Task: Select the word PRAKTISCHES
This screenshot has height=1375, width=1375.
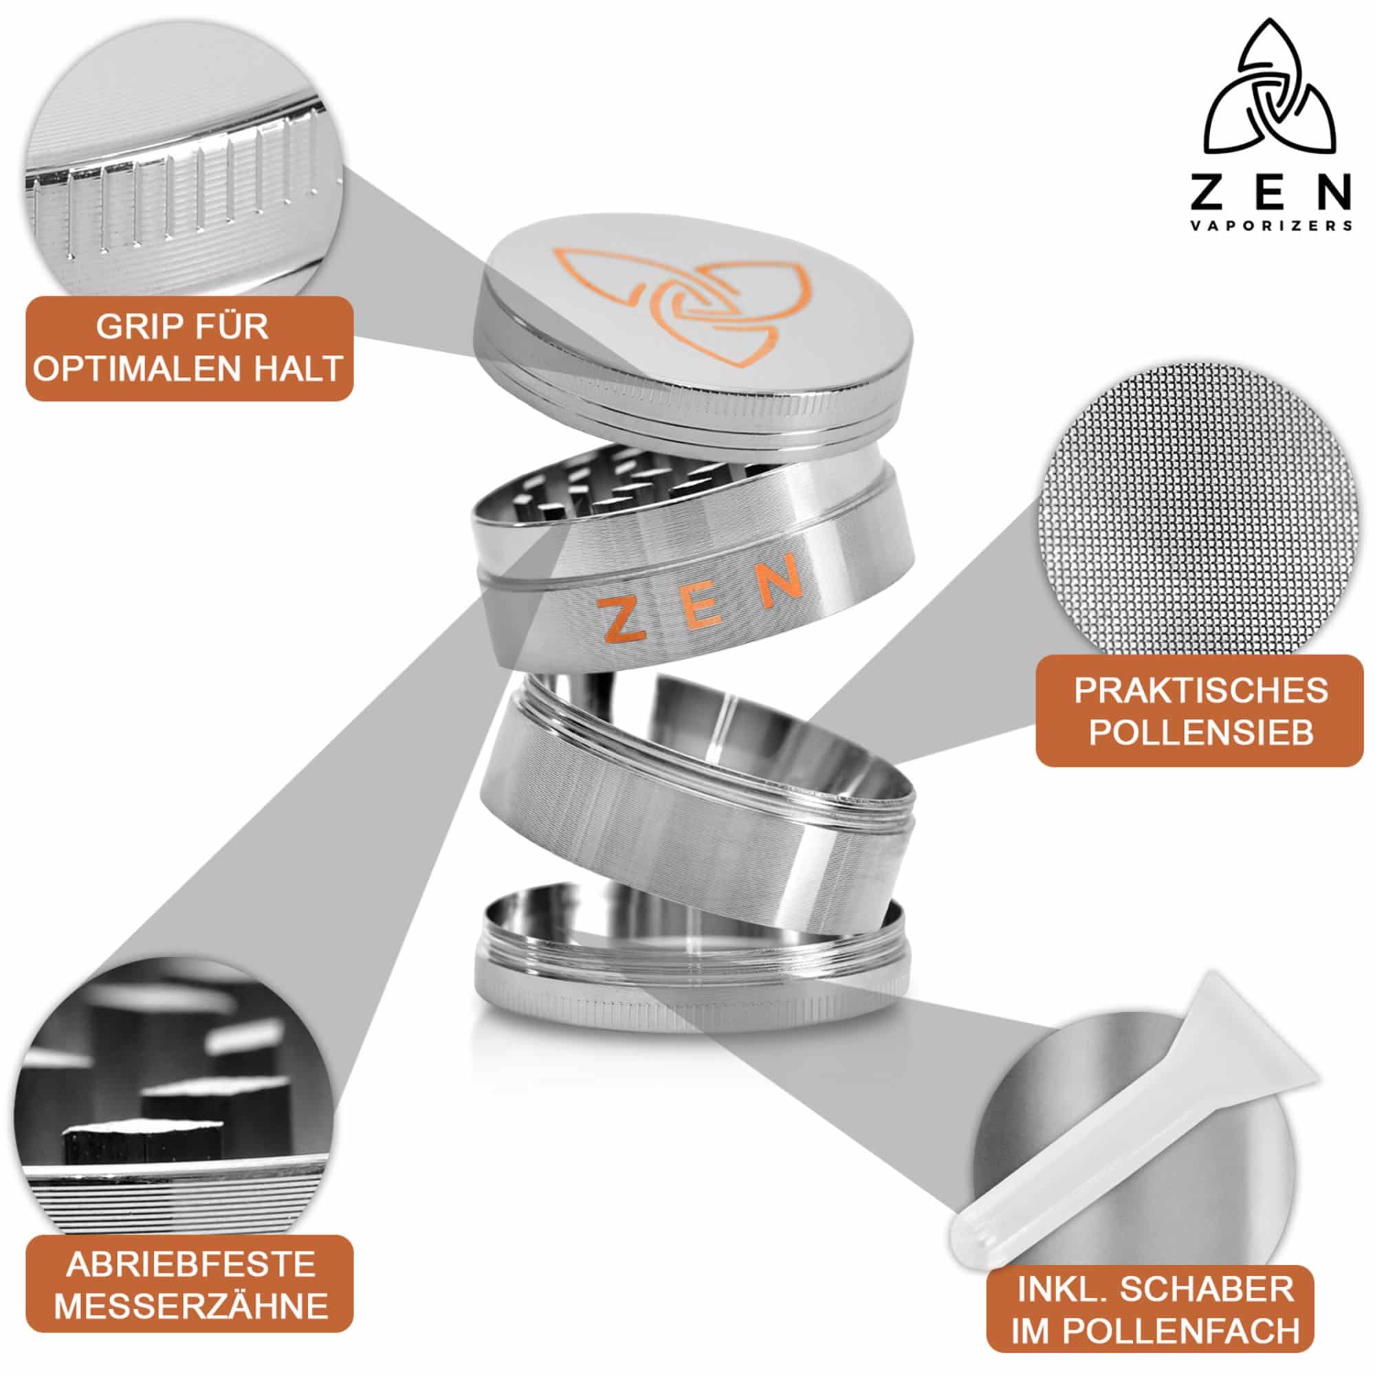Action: coord(1200,690)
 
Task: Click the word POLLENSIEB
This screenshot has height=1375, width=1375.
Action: coord(1200,732)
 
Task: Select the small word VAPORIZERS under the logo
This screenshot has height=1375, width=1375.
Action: coord(1270,225)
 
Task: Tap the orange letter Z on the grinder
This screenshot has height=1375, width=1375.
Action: coord(618,618)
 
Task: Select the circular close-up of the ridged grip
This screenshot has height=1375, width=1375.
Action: coord(184,157)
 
